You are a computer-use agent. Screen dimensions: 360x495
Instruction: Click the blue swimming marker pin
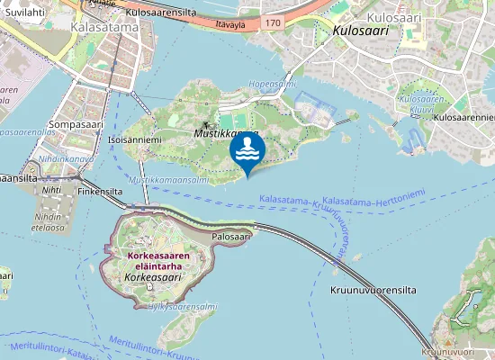click(247, 151)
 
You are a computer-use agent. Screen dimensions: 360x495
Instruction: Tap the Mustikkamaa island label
click(225, 132)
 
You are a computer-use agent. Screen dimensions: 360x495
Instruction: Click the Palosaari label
click(230, 237)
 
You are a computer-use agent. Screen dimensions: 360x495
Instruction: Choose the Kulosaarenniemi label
click(463, 118)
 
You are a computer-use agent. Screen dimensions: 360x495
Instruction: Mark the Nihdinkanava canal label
click(66, 159)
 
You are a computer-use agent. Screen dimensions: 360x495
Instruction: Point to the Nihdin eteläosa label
click(47, 222)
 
